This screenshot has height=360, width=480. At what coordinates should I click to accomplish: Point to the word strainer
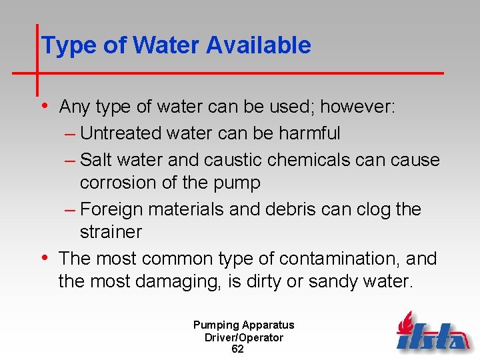pos(111,232)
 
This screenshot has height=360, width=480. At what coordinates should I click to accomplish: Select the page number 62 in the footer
pos(237,349)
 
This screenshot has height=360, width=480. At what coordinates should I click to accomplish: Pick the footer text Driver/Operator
pos(243,337)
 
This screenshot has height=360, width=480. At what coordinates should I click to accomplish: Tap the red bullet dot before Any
pos(44,105)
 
